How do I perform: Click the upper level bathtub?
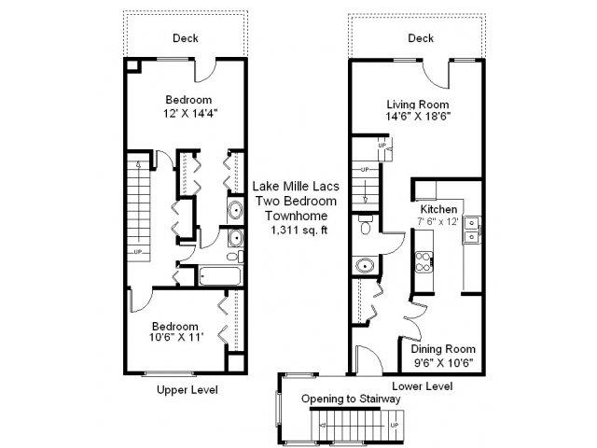tap(220, 276)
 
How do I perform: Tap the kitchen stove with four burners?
tap(423, 261)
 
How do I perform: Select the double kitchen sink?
tap(472, 230)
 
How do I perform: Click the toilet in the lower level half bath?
tap(366, 225)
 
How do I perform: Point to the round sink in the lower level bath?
tap(365, 265)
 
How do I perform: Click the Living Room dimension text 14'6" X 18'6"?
tap(418, 116)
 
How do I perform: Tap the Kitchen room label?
tap(438, 209)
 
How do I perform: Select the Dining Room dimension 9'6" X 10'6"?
tap(444, 362)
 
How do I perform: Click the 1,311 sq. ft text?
tap(298, 230)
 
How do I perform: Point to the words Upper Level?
tap(187, 390)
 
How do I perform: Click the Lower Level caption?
tap(423, 385)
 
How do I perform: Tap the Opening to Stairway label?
tap(351, 399)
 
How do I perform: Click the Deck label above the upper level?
tap(186, 38)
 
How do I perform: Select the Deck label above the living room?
tap(421, 38)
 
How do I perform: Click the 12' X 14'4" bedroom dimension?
tap(190, 113)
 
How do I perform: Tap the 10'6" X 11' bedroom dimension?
tap(176, 337)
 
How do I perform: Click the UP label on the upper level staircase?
tap(138, 252)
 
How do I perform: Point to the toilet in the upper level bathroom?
tap(235, 256)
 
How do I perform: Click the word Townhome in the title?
tap(297, 216)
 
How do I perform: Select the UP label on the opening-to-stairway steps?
tap(395, 425)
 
